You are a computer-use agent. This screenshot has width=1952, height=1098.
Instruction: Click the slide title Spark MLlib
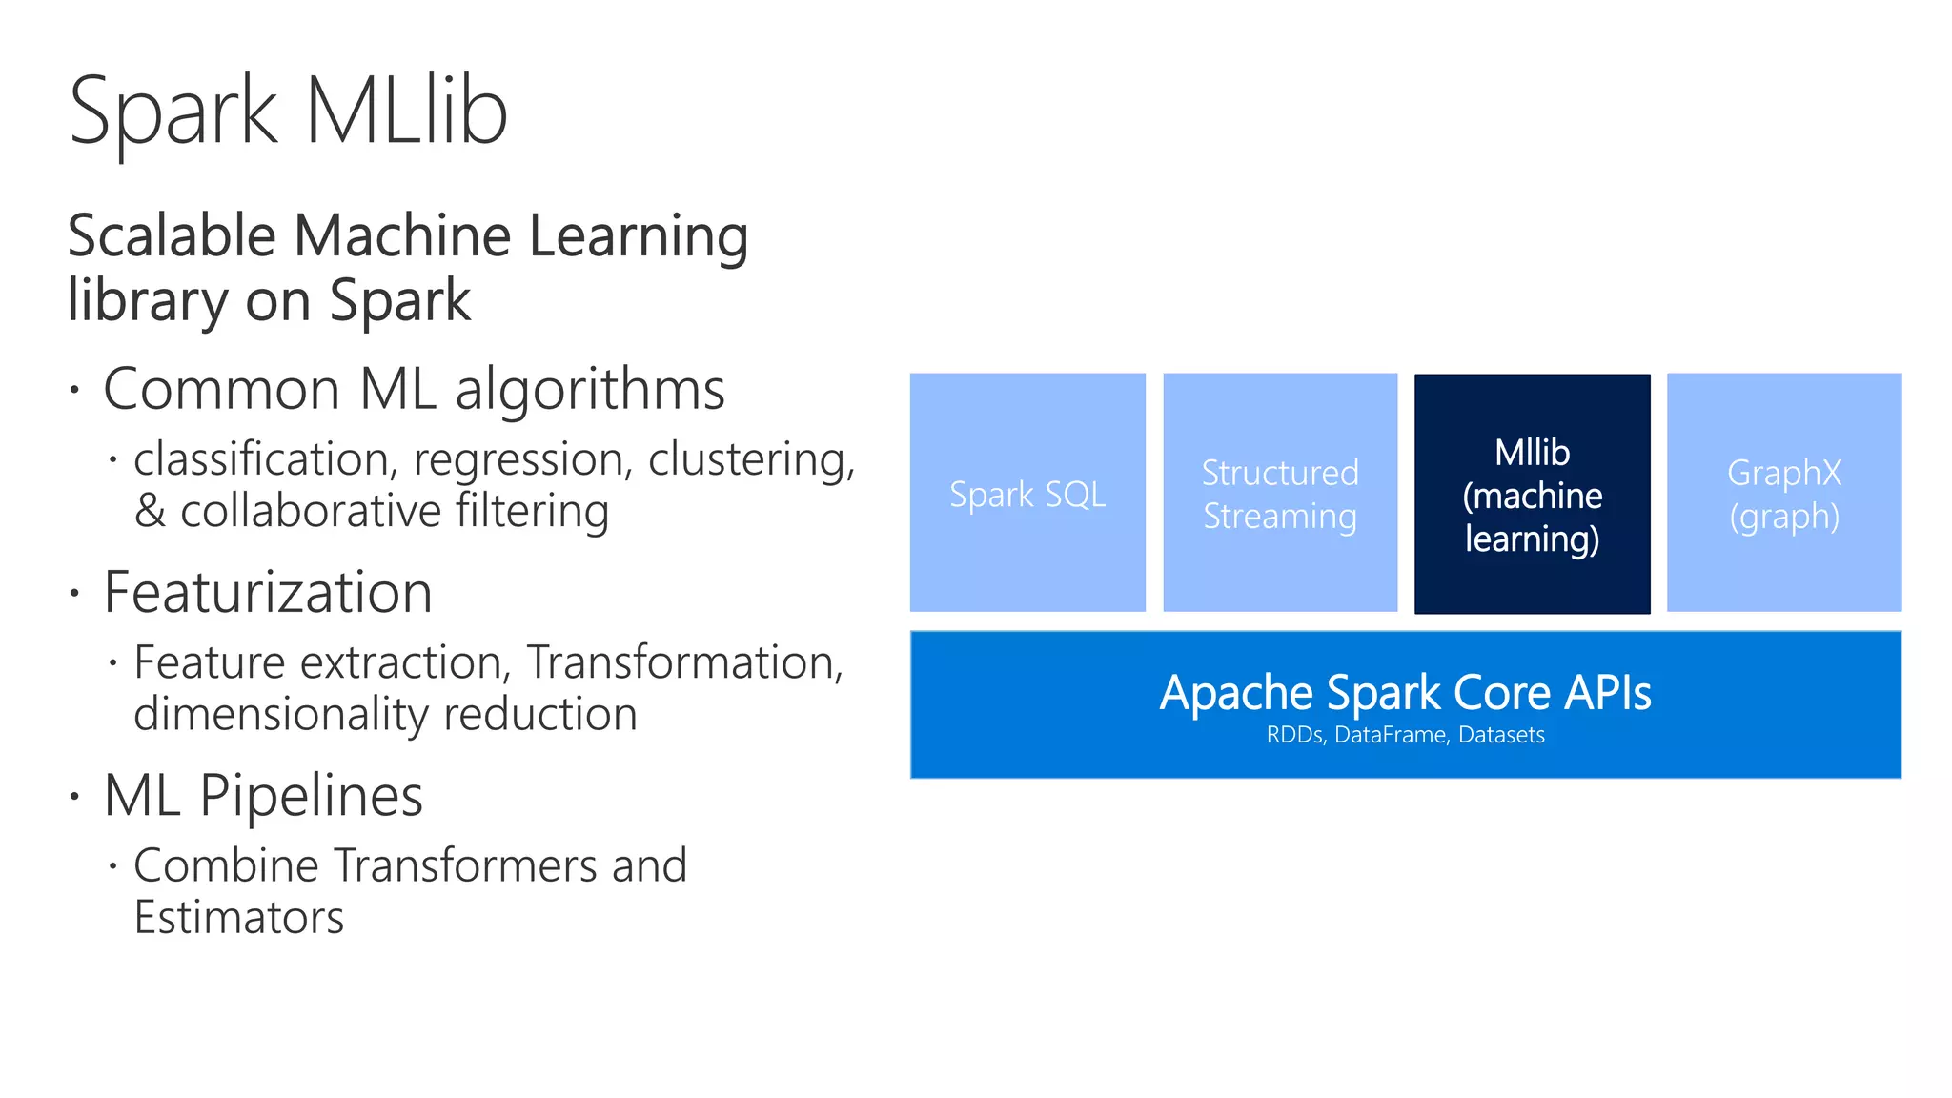coord(288,112)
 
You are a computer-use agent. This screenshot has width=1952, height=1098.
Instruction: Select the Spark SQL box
coord(1027,493)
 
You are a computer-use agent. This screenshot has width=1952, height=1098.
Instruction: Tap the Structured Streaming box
coord(1280,493)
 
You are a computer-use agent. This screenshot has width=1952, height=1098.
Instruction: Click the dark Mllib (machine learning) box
coord(1532,494)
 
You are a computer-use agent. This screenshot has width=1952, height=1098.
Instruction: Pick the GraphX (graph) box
coord(1784,493)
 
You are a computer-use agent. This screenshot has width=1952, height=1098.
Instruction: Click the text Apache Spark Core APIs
coord(1405,693)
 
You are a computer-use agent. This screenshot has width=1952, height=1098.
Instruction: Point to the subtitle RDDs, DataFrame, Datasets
coord(1405,735)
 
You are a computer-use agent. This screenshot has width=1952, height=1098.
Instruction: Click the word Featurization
coord(268,592)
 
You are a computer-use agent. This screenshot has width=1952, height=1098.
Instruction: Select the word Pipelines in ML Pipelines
coord(311,796)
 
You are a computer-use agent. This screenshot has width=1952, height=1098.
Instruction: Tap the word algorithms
coord(590,391)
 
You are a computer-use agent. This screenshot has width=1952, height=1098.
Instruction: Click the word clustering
coord(751,460)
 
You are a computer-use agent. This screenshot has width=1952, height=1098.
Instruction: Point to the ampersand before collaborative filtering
coord(150,512)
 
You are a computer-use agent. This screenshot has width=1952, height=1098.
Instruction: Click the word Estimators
coord(238,918)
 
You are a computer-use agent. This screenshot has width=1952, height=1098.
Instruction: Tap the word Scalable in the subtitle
coord(172,236)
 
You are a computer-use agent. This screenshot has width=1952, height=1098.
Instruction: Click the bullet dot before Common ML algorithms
coord(74,390)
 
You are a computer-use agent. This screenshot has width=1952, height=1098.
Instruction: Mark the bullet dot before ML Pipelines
coord(74,796)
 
